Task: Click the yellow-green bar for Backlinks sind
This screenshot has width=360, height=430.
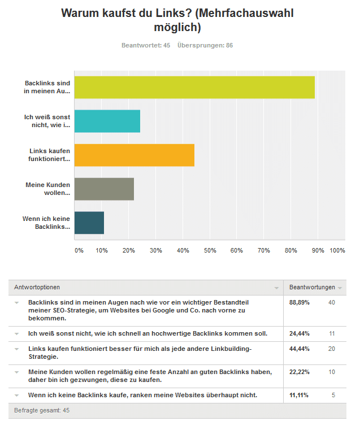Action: coord(194,87)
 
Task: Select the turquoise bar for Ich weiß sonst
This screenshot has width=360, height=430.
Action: coord(107,121)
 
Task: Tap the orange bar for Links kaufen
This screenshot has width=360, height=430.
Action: coord(135,155)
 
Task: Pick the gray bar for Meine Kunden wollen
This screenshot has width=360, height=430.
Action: coord(104,189)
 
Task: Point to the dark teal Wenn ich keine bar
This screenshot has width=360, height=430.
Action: coord(89,223)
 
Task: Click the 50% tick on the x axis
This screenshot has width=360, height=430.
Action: coord(210,250)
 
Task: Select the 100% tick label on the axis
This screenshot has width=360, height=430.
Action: coord(337,250)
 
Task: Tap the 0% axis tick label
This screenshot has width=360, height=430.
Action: coord(79,250)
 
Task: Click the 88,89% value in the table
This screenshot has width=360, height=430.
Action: coord(300,302)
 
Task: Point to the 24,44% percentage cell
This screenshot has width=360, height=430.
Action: coord(300,333)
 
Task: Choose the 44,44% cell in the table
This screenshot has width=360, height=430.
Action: coord(300,349)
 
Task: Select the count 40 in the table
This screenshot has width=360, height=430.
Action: coord(332,302)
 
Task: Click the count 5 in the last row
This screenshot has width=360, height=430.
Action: coord(333,395)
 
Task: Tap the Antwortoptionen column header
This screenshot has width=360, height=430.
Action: coord(37,287)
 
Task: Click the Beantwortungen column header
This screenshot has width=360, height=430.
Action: coord(313,287)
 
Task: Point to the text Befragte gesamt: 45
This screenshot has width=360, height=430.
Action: coord(42,411)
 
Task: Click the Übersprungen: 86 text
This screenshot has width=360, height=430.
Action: coord(205,45)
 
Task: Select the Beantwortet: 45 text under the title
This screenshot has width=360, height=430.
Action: coord(146,45)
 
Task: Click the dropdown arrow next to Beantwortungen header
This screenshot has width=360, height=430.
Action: coord(340,288)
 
